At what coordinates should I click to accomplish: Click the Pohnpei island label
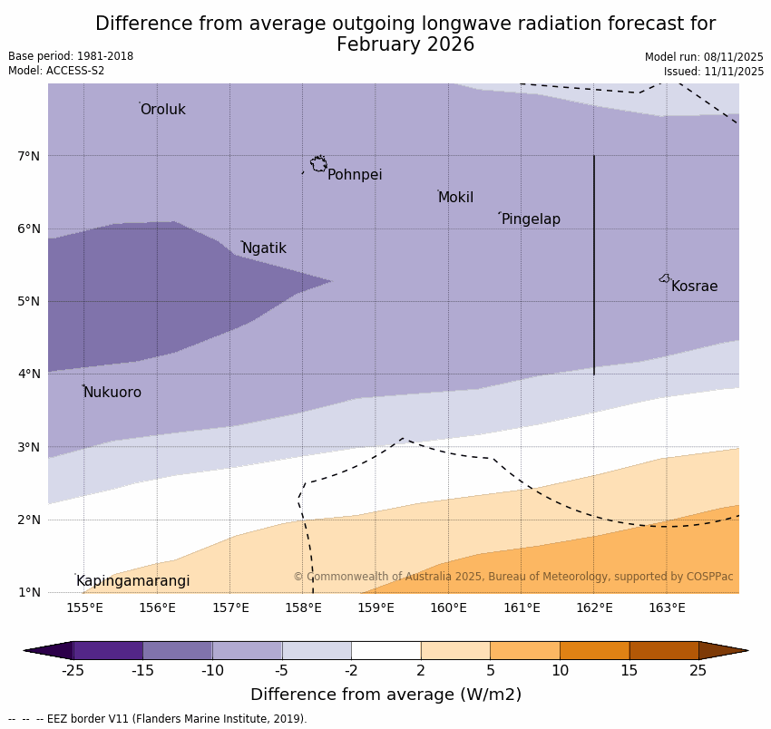click(355, 175)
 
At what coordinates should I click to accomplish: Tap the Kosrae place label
click(694, 287)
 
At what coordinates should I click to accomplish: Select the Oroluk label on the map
click(162, 110)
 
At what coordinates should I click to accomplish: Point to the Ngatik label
click(264, 248)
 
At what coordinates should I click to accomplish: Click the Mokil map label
click(455, 198)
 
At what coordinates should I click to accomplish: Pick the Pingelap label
click(531, 219)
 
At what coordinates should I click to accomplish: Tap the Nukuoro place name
click(112, 393)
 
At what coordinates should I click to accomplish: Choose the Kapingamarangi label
click(132, 581)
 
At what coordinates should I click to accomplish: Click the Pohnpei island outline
click(318, 164)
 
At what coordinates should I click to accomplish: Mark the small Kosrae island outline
click(665, 278)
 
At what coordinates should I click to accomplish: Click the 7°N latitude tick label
click(29, 156)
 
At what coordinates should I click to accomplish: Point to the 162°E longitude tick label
click(594, 607)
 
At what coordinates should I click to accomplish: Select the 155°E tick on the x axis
click(84, 607)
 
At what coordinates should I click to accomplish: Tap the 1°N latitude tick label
click(29, 592)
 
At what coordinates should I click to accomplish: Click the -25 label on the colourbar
click(73, 671)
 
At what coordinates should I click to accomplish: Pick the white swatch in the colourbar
click(385, 650)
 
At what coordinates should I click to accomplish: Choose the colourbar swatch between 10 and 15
click(594, 650)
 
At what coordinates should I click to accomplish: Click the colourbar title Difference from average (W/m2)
click(385, 695)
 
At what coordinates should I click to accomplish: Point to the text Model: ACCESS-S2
click(56, 71)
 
